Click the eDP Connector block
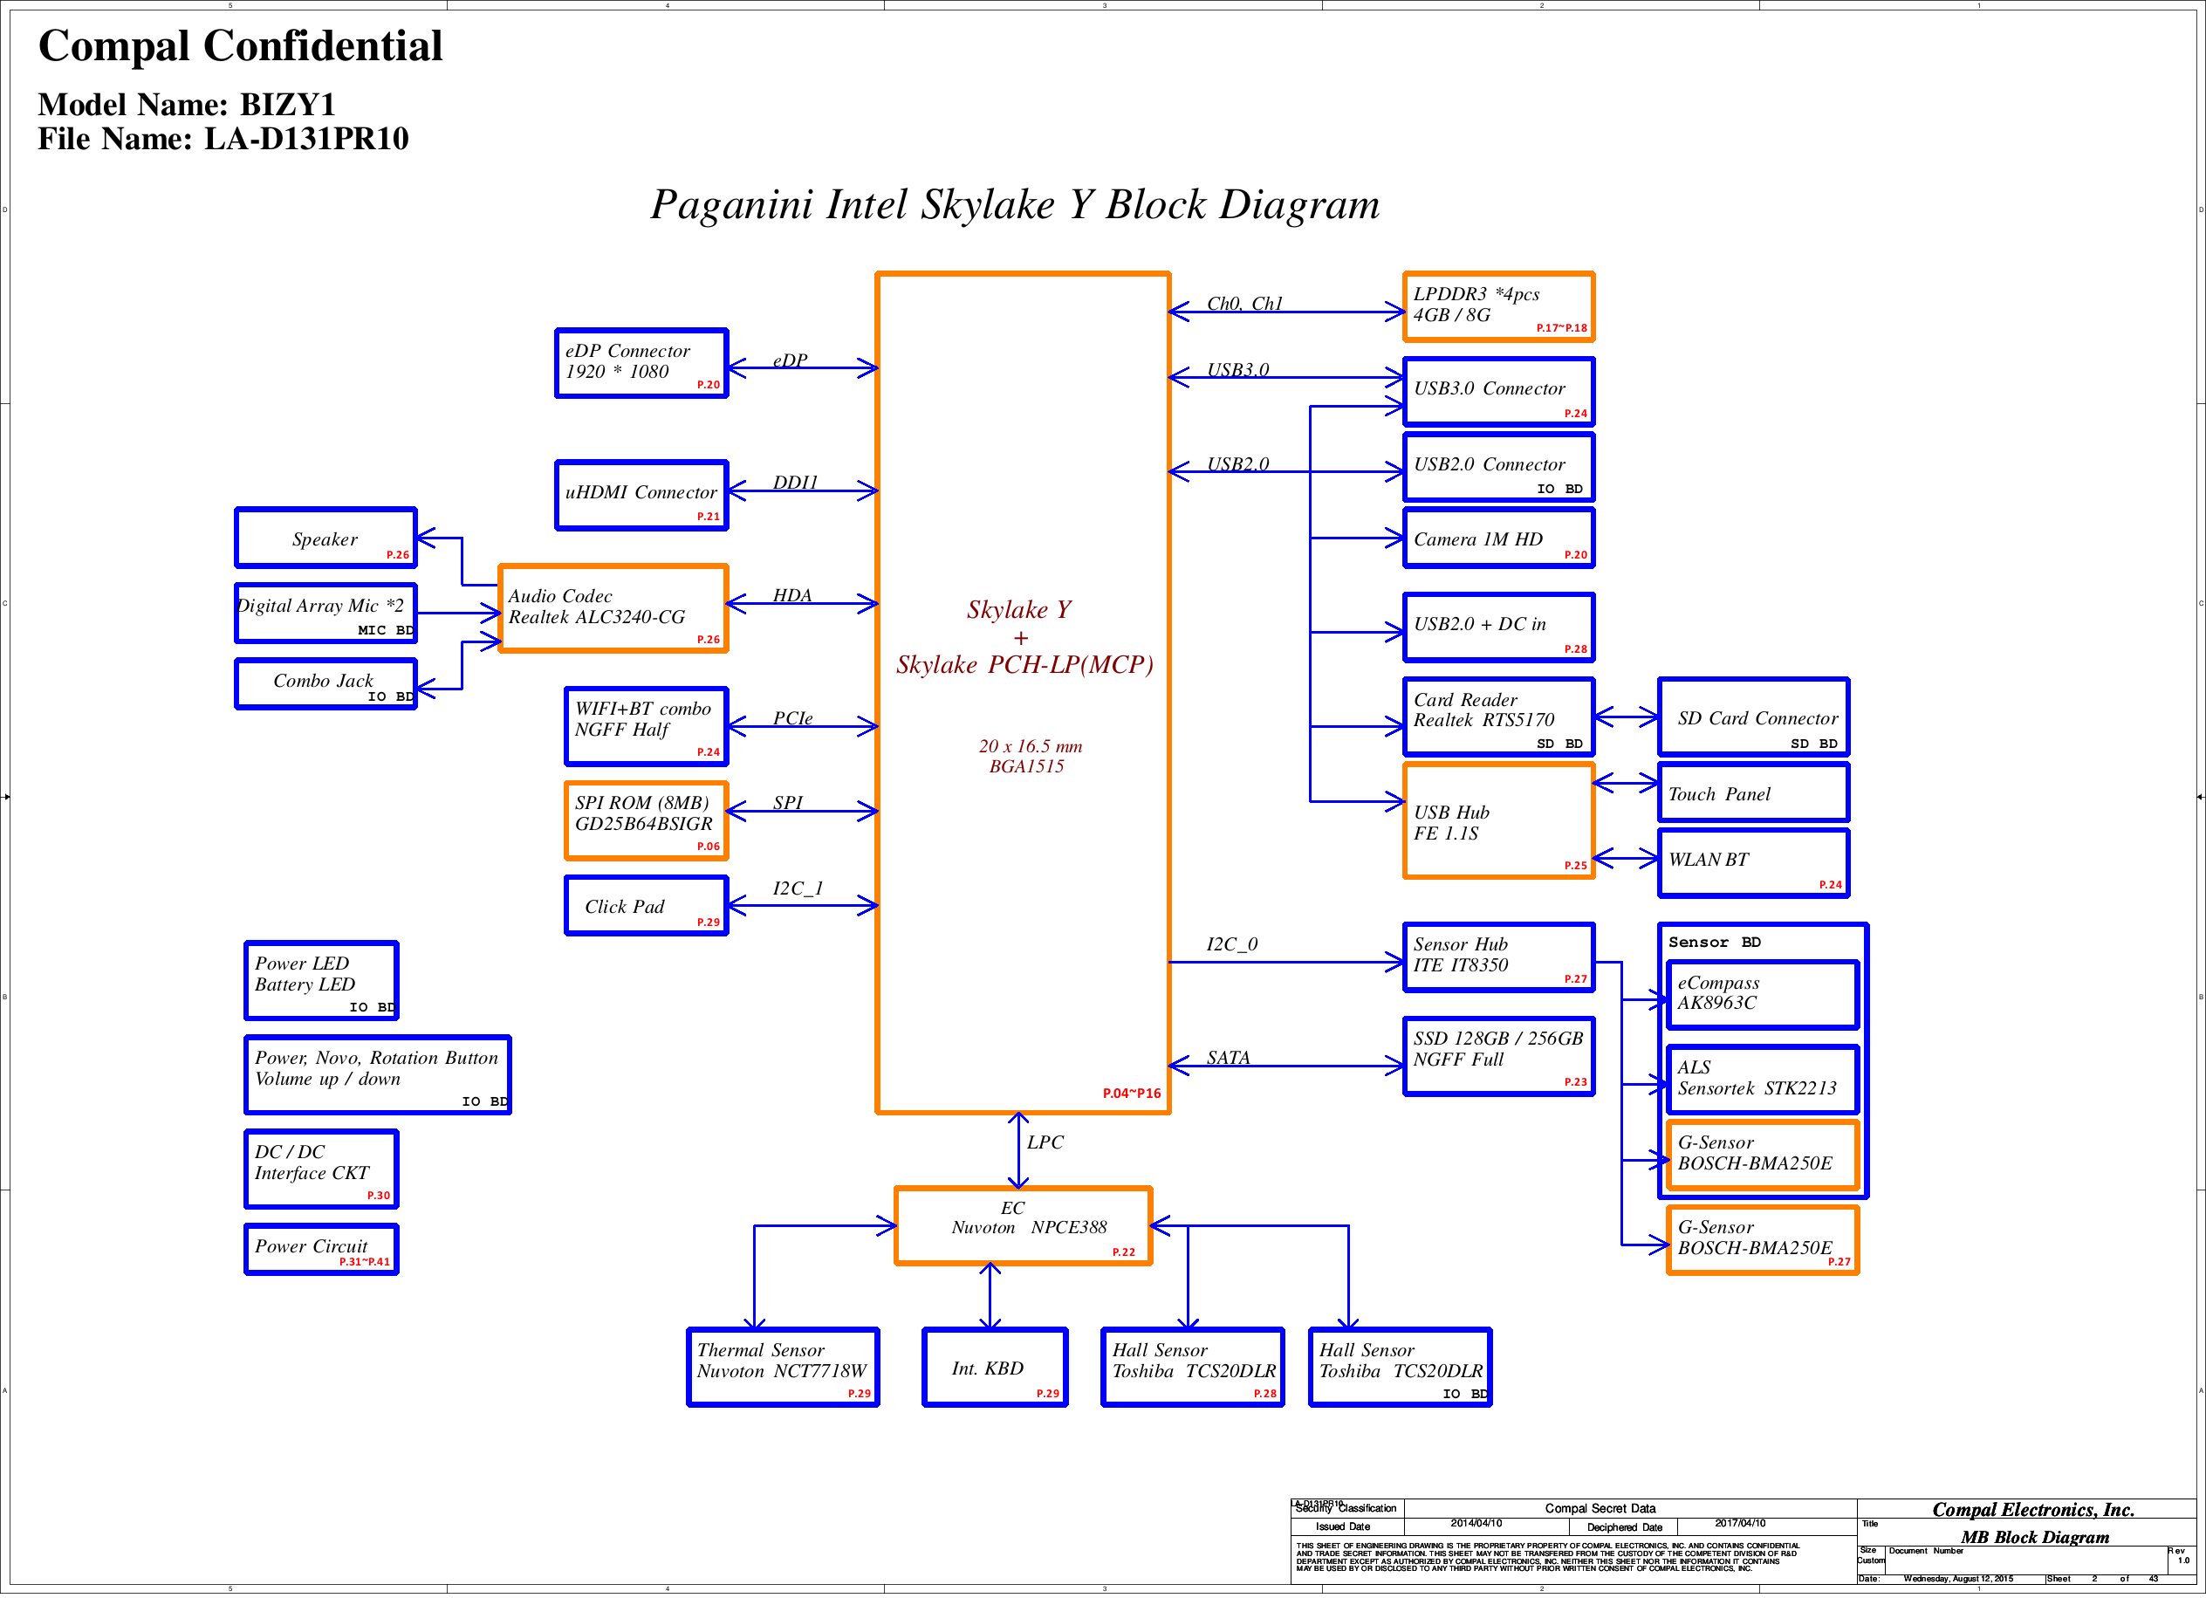pyautogui.click(x=641, y=363)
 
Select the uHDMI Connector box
pyautogui.click(x=641, y=494)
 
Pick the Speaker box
pyautogui.click(x=325, y=538)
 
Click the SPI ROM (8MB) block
pyautogui.click(x=645, y=820)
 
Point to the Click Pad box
pyautogui.click(x=645, y=906)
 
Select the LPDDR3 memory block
pyautogui.click(x=1498, y=306)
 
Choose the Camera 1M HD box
pyautogui.click(x=1498, y=538)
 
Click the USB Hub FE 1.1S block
pyautogui.click(x=1498, y=821)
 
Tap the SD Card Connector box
pyautogui.click(x=1753, y=717)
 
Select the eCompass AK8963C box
pyautogui.click(x=1762, y=994)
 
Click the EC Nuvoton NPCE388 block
pyautogui.click(x=1024, y=1225)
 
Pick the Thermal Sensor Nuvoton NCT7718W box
pyautogui.click(x=782, y=1367)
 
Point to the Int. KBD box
pyautogui.click(x=994, y=1367)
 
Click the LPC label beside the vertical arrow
pyautogui.click(x=1045, y=1142)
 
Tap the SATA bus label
pyautogui.click(x=1228, y=1057)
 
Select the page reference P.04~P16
pyautogui.click(x=1131, y=1094)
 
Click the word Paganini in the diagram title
pyautogui.click(x=730, y=205)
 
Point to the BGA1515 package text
pyautogui.click(x=1026, y=766)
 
